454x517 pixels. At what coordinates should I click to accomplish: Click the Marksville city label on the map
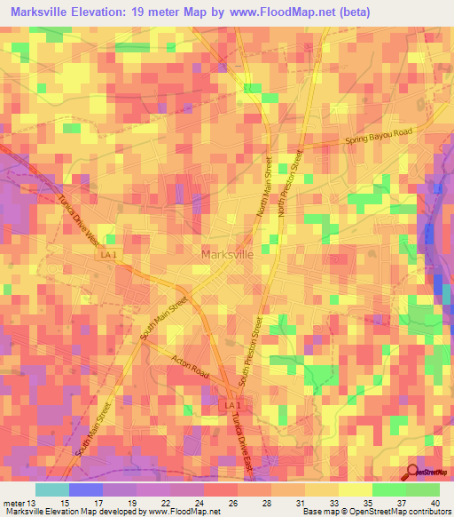[x=228, y=254]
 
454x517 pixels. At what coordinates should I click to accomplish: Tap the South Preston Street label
[x=251, y=351]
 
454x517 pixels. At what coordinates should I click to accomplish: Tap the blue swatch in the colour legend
[x=86, y=490]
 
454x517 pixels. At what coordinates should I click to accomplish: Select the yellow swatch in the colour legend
[x=355, y=490]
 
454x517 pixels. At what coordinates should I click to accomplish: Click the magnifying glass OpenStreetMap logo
[x=413, y=472]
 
